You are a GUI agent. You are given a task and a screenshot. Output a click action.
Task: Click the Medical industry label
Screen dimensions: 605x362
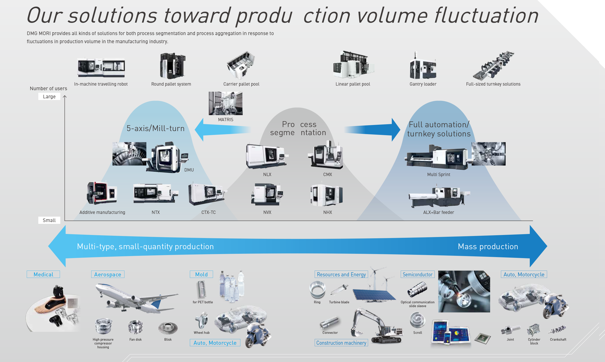[43, 274]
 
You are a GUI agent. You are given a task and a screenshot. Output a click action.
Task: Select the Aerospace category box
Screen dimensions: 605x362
[108, 274]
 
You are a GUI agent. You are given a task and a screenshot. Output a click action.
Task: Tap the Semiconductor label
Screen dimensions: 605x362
[417, 274]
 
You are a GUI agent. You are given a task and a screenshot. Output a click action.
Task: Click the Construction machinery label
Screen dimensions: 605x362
[341, 343]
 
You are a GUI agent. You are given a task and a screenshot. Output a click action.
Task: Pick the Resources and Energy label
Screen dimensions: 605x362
[341, 274]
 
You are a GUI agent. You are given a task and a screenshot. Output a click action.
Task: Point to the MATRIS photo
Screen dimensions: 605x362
[226, 103]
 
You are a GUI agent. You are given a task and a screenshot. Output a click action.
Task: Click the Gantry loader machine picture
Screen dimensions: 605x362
[423, 65]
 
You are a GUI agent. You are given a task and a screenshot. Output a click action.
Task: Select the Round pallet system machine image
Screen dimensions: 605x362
[173, 66]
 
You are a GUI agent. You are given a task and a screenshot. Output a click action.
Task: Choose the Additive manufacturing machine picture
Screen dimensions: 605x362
[102, 193]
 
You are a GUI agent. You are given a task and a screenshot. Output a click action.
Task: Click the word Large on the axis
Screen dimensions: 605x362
[49, 97]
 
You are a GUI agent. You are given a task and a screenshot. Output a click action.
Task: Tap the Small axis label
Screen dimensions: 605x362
[49, 220]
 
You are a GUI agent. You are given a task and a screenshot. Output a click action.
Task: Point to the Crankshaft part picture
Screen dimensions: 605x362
[557, 329]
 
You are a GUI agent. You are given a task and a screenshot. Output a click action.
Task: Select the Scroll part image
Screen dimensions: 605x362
[417, 320]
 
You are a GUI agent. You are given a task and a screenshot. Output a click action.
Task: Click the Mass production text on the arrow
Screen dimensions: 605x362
[488, 246]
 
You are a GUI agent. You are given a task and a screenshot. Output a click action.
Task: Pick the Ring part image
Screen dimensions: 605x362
[317, 290]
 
